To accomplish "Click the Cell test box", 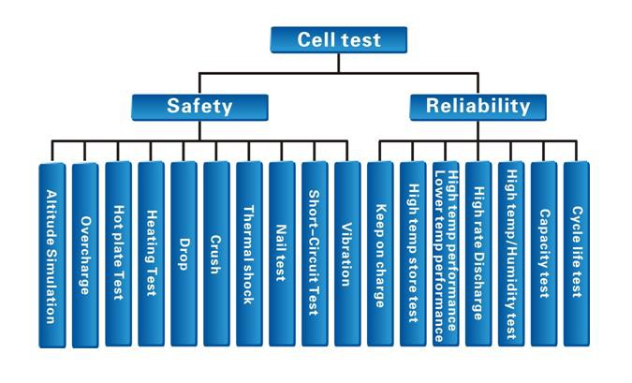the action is click(339, 40).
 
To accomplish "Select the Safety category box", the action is click(199, 108).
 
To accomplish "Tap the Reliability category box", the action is click(478, 108).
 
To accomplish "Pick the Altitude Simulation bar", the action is click(52, 256).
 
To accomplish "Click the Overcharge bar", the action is click(85, 256).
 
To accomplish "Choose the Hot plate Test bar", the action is click(118, 254).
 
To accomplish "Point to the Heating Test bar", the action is click(151, 254).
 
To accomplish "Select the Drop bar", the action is click(184, 254).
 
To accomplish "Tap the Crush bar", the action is click(216, 254).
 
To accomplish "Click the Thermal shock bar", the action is click(249, 254).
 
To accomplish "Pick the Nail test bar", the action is click(282, 254).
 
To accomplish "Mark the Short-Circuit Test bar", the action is click(315, 254).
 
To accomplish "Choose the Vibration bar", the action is click(347, 254).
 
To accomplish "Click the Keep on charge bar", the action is click(380, 254).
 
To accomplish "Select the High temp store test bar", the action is click(413, 254).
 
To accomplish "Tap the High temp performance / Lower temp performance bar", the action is click(446, 254).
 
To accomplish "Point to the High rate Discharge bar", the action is click(478, 254).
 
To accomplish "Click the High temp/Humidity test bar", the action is click(511, 254).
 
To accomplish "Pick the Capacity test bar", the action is click(544, 254).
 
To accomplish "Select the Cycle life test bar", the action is click(577, 254).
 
